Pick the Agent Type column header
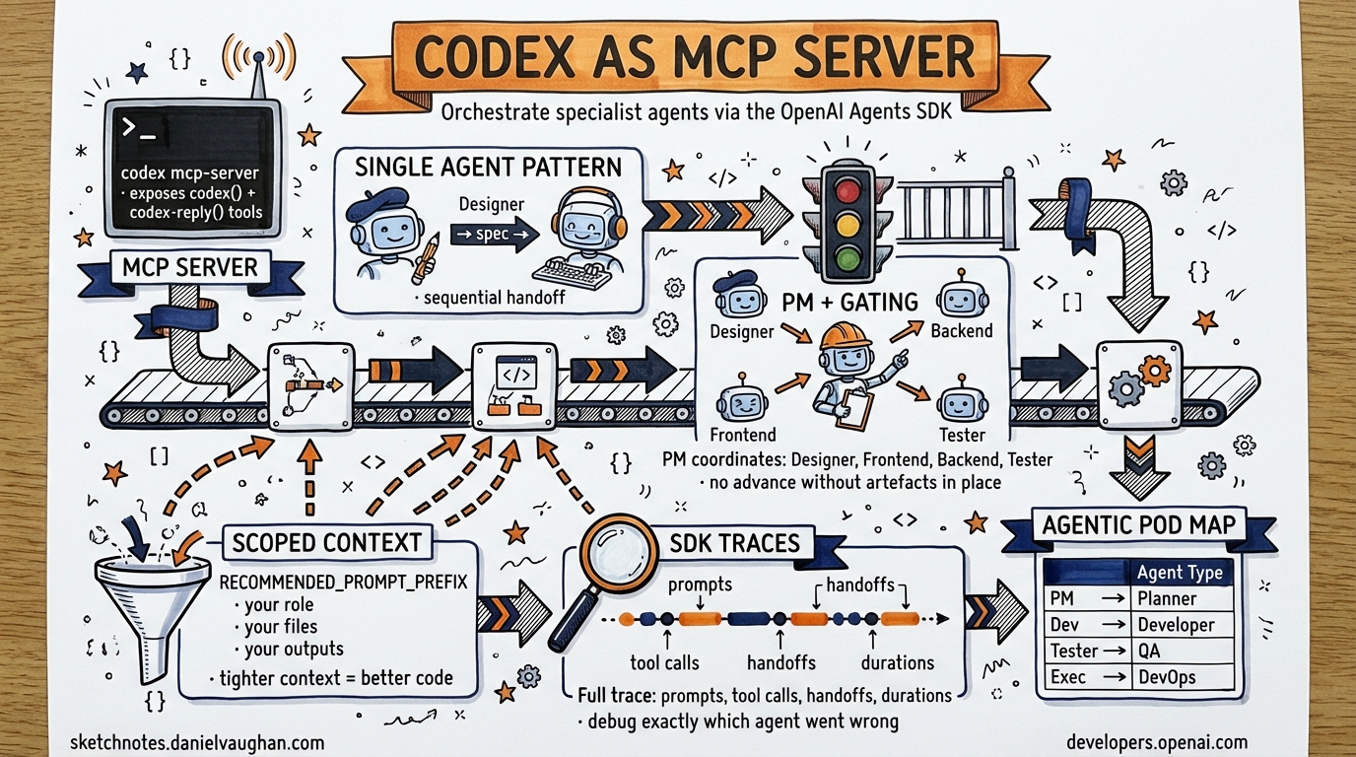[x=1179, y=573]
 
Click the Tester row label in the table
[x=1073, y=651]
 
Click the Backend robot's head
[x=961, y=299]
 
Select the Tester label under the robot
[x=962, y=435]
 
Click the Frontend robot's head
[x=741, y=403]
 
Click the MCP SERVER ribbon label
[x=190, y=267]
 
